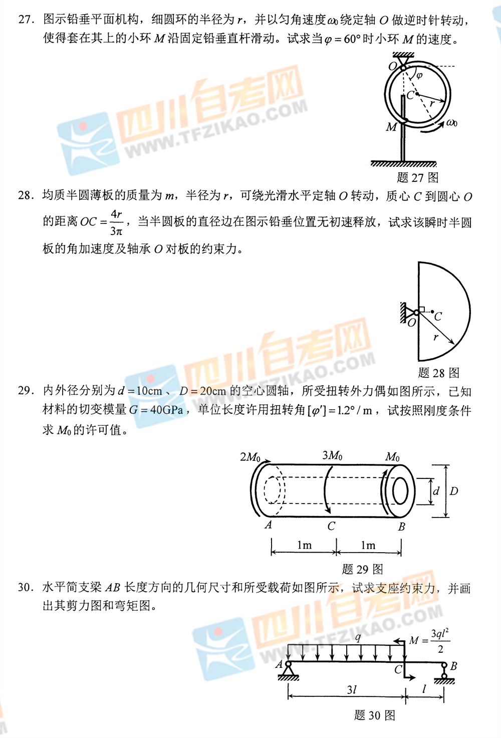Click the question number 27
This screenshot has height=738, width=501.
(27, 20)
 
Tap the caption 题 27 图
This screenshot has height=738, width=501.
(417, 178)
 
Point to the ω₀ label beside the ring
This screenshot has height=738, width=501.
(451, 123)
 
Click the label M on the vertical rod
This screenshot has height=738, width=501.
(391, 127)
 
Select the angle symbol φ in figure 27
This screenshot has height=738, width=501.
(419, 76)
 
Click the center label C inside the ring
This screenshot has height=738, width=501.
(410, 95)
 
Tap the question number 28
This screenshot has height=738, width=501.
(27, 196)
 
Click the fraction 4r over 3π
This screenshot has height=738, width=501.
(116, 223)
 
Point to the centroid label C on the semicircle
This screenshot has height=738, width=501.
(438, 317)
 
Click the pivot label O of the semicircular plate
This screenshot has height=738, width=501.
(412, 323)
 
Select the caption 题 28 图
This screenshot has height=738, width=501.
(438, 373)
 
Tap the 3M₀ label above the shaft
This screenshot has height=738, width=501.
(332, 455)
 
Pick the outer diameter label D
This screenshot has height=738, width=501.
(453, 491)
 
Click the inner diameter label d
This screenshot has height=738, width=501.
(436, 491)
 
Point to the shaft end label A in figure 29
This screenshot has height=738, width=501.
(268, 524)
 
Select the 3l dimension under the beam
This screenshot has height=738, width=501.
(352, 689)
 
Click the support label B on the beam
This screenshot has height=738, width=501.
(453, 666)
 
